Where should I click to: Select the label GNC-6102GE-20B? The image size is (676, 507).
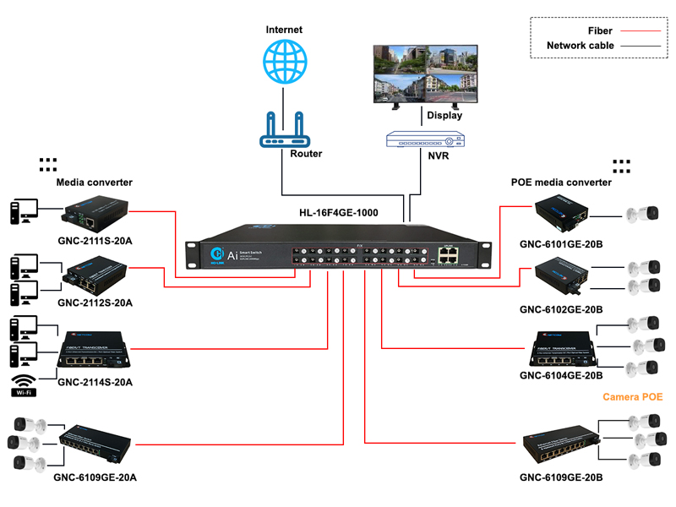pos(561,310)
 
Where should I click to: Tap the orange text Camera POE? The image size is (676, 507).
pos(632,396)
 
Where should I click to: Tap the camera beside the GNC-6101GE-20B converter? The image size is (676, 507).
pos(641,214)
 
